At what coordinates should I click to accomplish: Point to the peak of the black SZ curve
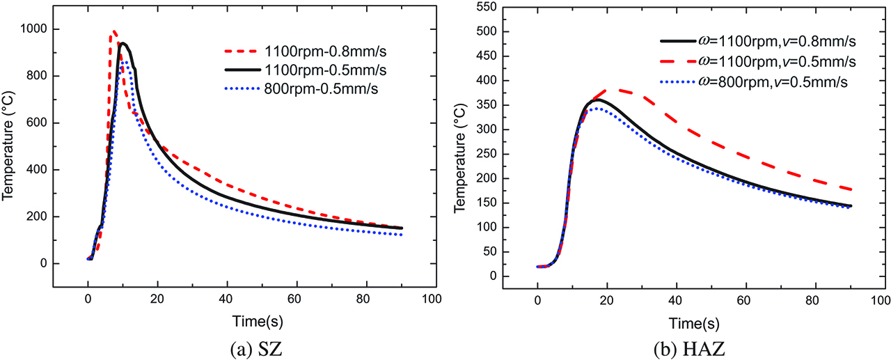pyautogui.click(x=123, y=43)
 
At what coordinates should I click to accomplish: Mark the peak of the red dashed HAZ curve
pyautogui.click(x=610, y=90)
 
